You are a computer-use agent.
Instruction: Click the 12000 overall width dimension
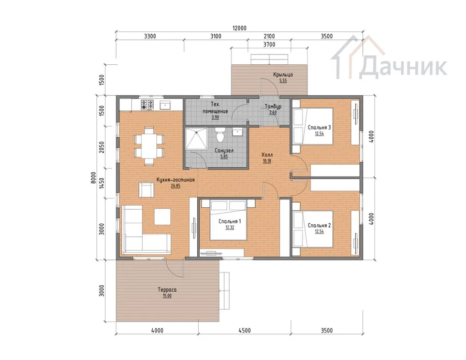239,28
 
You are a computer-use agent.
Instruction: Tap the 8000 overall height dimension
94,178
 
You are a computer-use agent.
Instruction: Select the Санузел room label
224,150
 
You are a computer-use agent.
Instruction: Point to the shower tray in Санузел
196,138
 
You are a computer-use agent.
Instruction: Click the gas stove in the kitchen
147,104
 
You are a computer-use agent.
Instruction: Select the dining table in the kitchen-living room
149,146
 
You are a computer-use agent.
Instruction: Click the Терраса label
167,290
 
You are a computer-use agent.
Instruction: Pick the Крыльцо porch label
283,75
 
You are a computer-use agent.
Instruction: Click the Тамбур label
273,106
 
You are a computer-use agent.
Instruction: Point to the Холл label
267,155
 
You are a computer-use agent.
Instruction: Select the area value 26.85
176,186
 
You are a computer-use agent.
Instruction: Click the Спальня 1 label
229,221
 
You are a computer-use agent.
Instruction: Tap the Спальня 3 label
319,127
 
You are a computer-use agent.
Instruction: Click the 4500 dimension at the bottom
244,330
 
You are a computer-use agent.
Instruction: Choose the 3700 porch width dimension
269,45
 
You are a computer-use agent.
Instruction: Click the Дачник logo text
403,67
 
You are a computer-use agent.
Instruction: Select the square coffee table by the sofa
162,217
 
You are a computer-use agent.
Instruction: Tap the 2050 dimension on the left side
101,147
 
